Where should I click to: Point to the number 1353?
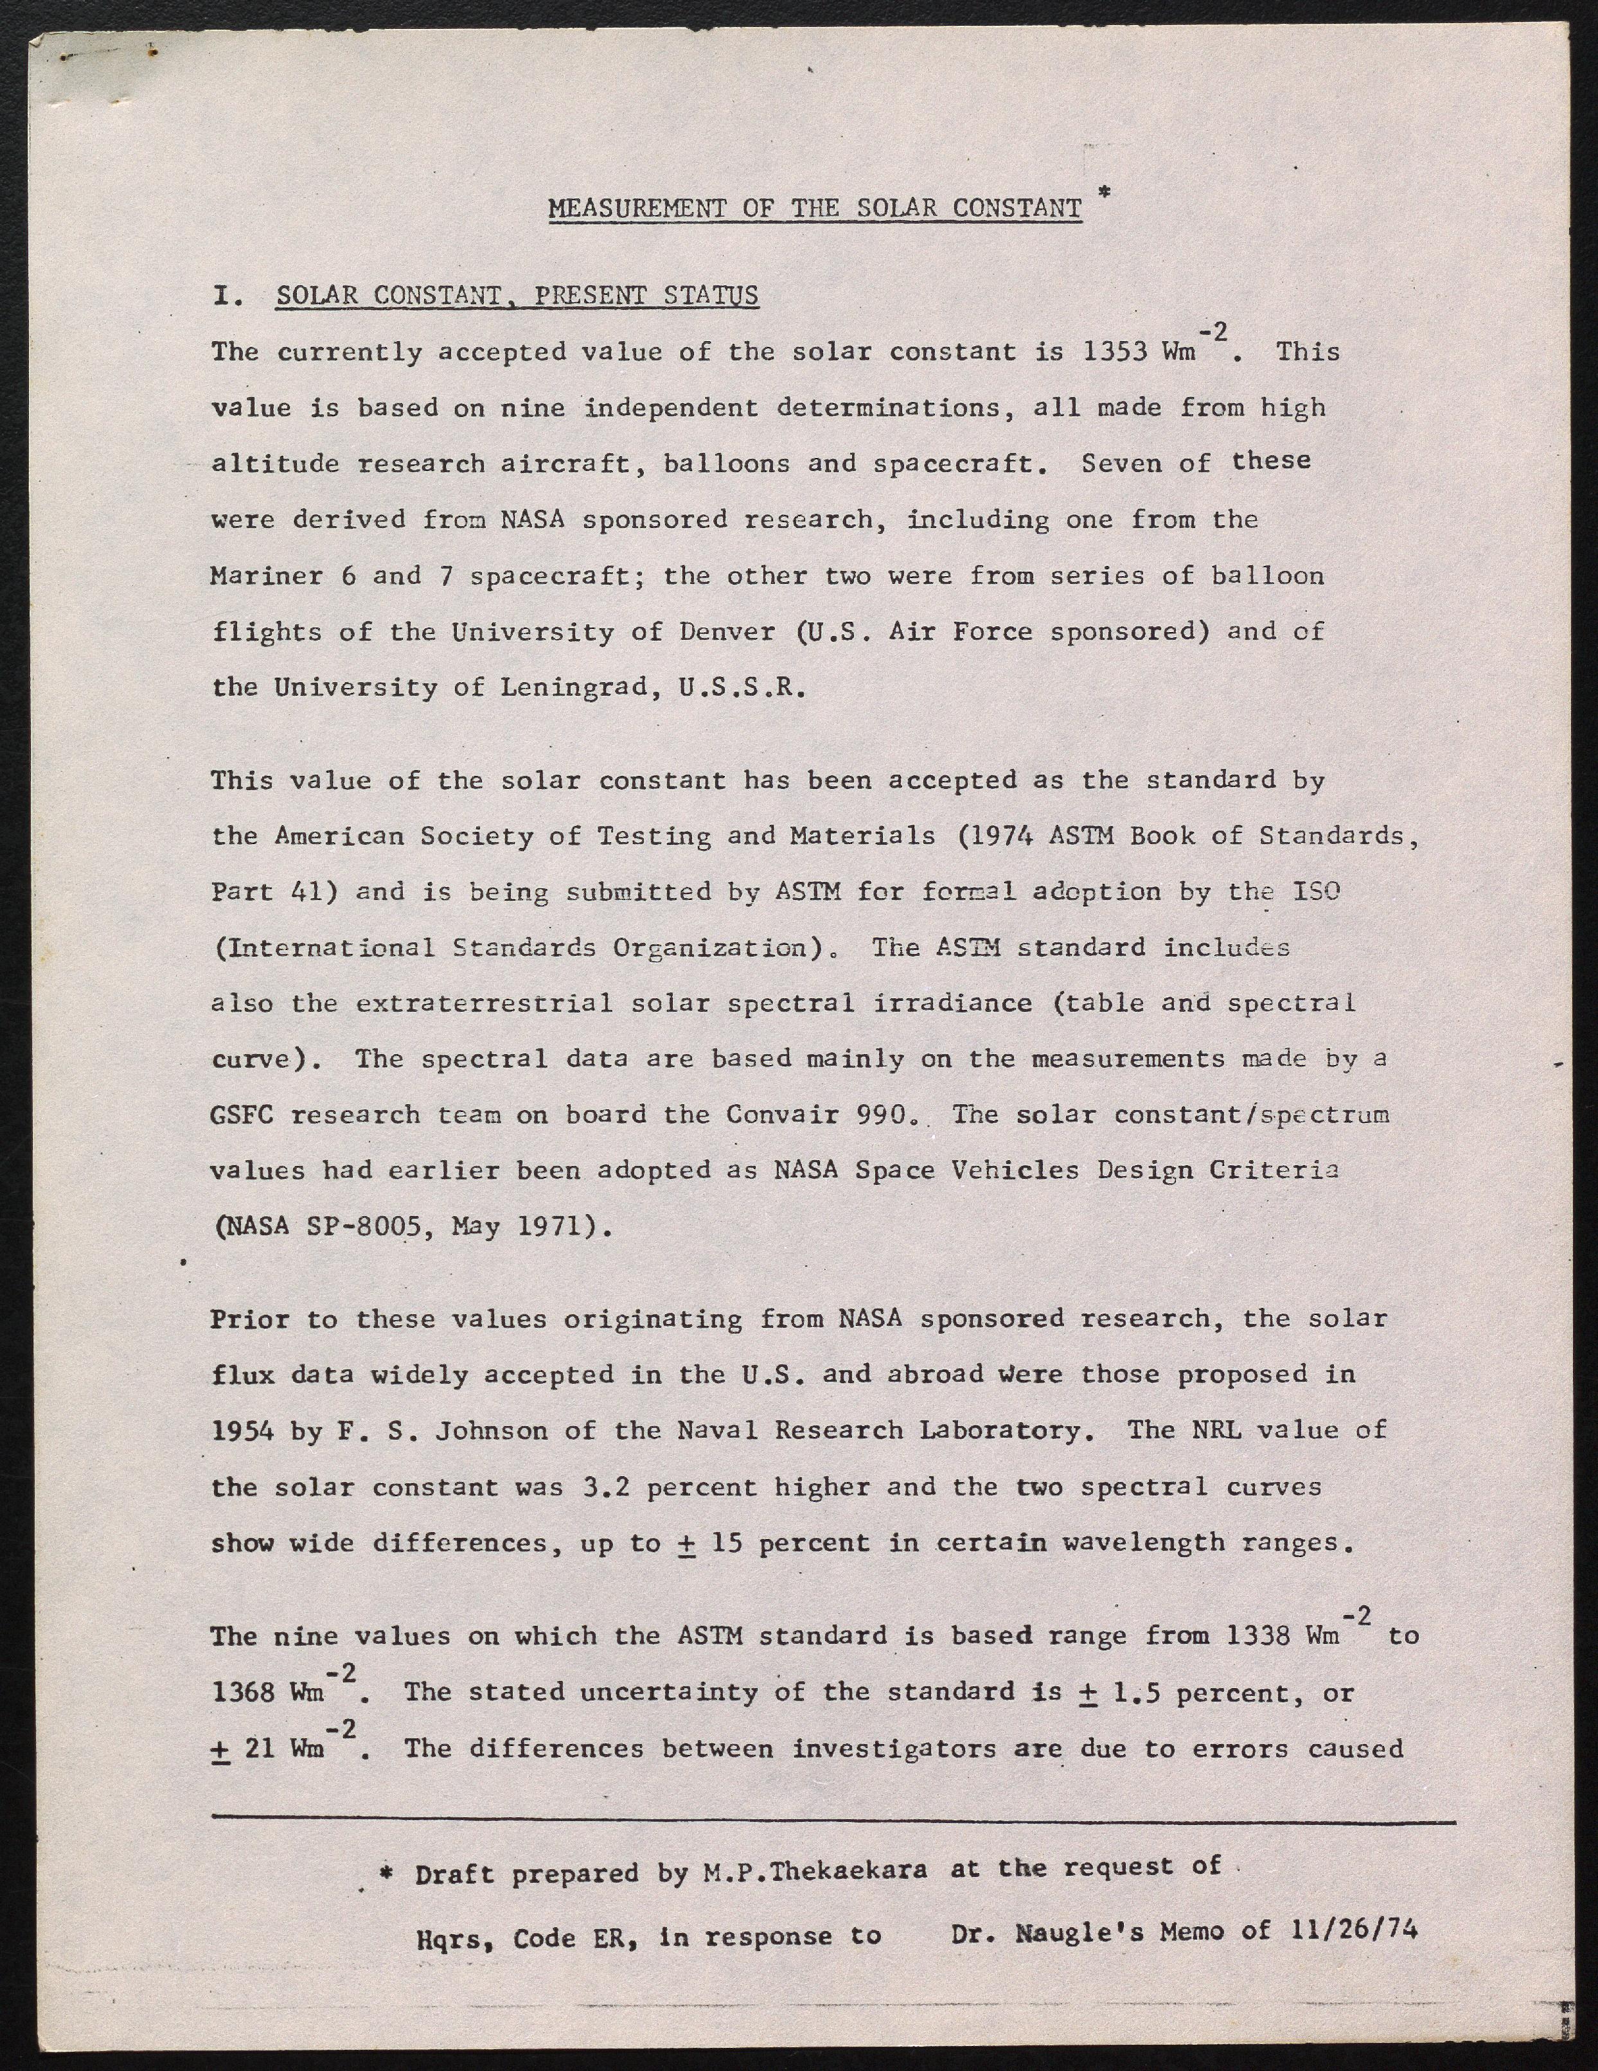click(1115, 353)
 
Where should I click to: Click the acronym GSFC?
click(242, 1115)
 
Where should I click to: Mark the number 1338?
click(1257, 1637)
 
